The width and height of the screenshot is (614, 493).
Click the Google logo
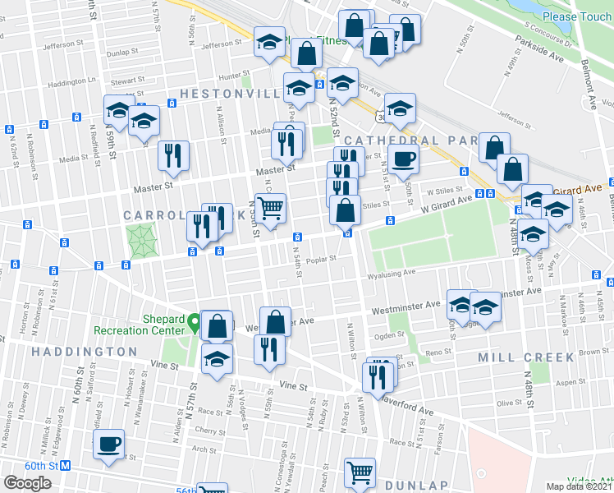tap(27, 483)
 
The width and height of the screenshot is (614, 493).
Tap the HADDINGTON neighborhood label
tap(84, 352)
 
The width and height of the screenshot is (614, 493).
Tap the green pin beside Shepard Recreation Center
tap(195, 320)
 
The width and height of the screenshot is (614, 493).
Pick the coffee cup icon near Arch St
tap(108, 445)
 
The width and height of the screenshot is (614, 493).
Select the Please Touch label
tap(570, 16)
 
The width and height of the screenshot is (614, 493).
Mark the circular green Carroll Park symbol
tap(140, 240)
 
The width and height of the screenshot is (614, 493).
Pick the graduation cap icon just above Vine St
tap(218, 359)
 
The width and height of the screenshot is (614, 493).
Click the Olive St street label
tap(510, 403)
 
